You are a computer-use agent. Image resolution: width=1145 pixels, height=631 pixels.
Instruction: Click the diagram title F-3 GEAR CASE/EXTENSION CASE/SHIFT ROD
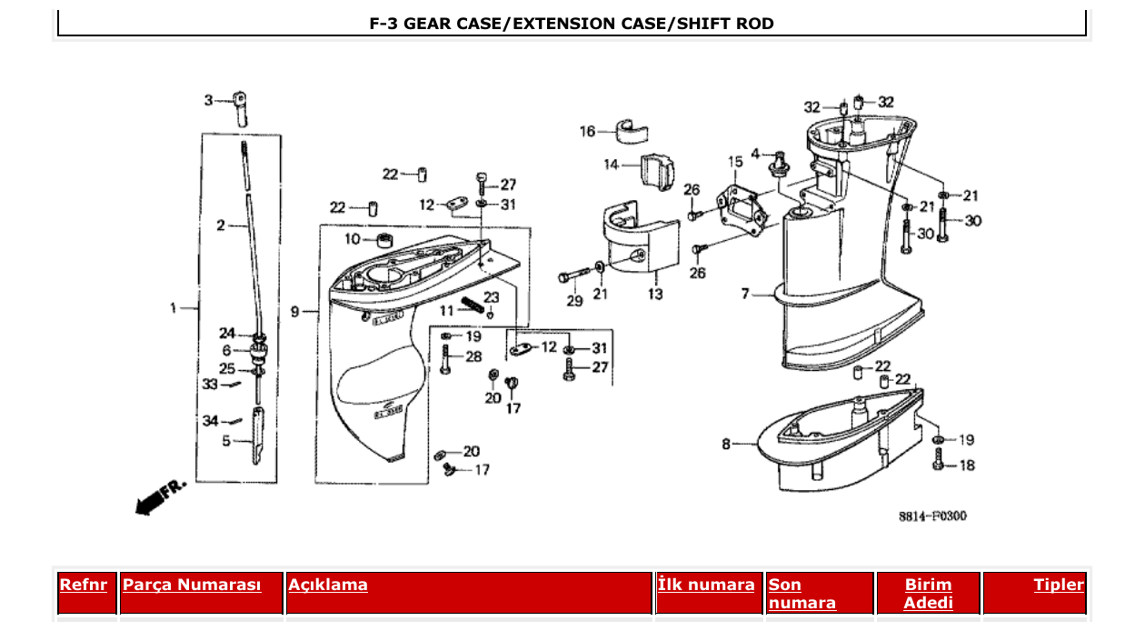(572, 24)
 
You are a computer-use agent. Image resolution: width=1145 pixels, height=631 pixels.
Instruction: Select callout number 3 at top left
(208, 100)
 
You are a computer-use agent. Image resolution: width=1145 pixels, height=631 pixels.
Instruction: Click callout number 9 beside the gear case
(294, 312)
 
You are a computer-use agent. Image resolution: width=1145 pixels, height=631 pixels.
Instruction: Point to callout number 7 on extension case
(745, 294)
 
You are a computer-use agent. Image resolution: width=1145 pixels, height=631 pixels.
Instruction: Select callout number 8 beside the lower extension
(726, 444)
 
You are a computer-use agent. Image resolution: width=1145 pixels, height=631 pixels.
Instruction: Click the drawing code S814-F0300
(932, 516)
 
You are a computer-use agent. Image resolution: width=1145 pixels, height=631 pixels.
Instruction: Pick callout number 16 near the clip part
(588, 131)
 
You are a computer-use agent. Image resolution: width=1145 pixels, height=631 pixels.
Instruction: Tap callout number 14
(611, 165)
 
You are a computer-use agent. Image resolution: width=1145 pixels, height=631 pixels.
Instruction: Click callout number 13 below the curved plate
(655, 294)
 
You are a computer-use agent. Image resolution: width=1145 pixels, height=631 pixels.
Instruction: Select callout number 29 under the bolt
(574, 301)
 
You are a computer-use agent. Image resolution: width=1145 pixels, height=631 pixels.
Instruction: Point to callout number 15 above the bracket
(734, 162)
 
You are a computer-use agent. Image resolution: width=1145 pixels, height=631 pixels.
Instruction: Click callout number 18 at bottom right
(966, 465)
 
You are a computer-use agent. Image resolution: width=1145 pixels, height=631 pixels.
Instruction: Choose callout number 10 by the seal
(353, 239)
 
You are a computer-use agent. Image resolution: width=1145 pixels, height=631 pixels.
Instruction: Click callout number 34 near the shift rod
(210, 420)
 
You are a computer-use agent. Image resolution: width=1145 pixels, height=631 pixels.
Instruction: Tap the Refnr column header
(84, 585)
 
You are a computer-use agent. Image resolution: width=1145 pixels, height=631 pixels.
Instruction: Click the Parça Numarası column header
(192, 585)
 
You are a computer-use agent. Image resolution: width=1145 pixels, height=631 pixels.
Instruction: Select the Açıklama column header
(328, 585)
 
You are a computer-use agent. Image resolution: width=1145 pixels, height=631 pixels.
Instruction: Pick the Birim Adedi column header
(928, 593)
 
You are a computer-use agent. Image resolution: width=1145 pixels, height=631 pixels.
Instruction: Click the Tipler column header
(1058, 585)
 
